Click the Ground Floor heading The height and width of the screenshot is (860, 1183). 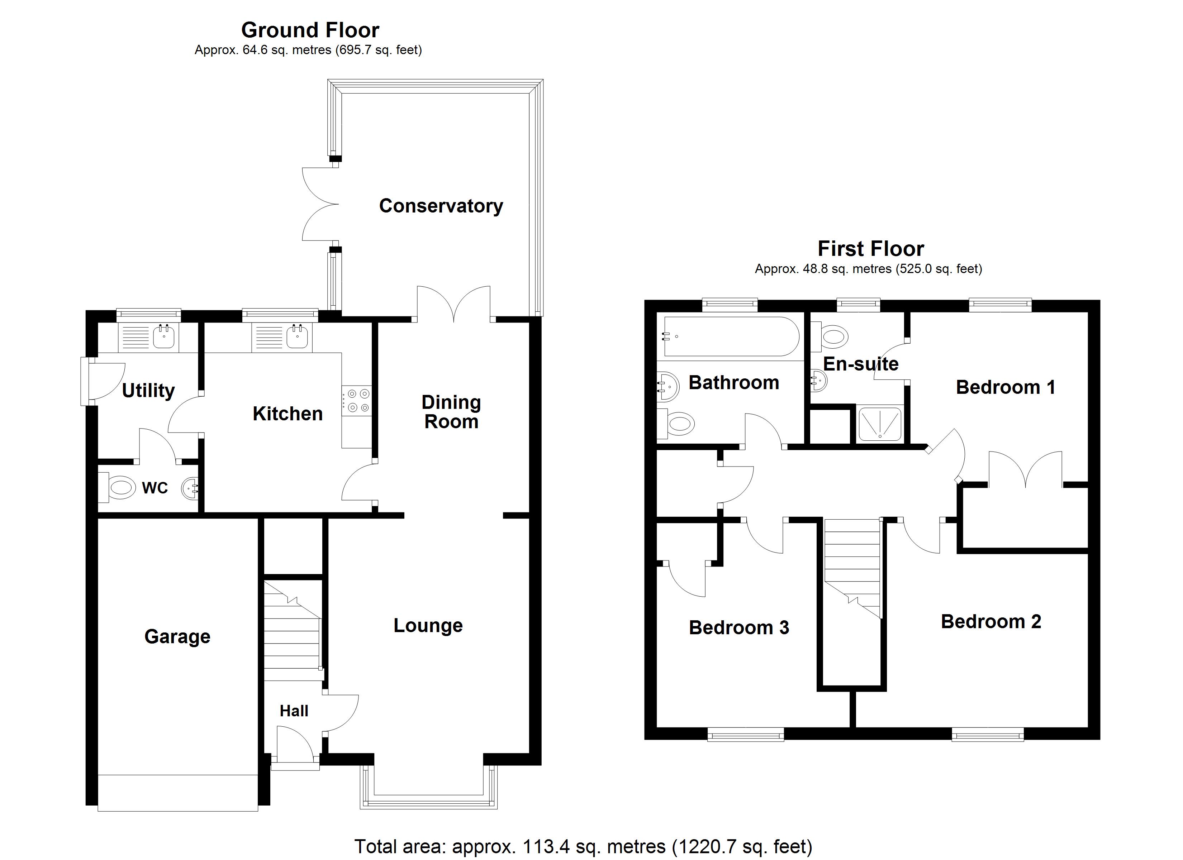[x=310, y=30]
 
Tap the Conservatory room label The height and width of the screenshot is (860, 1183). [x=441, y=206]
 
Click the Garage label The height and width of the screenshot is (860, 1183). [x=177, y=636]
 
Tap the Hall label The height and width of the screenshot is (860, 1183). [x=294, y=711]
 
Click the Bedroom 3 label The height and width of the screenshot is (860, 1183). [x=738, y=627]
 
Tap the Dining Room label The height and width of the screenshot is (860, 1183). [x=451, y=412]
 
